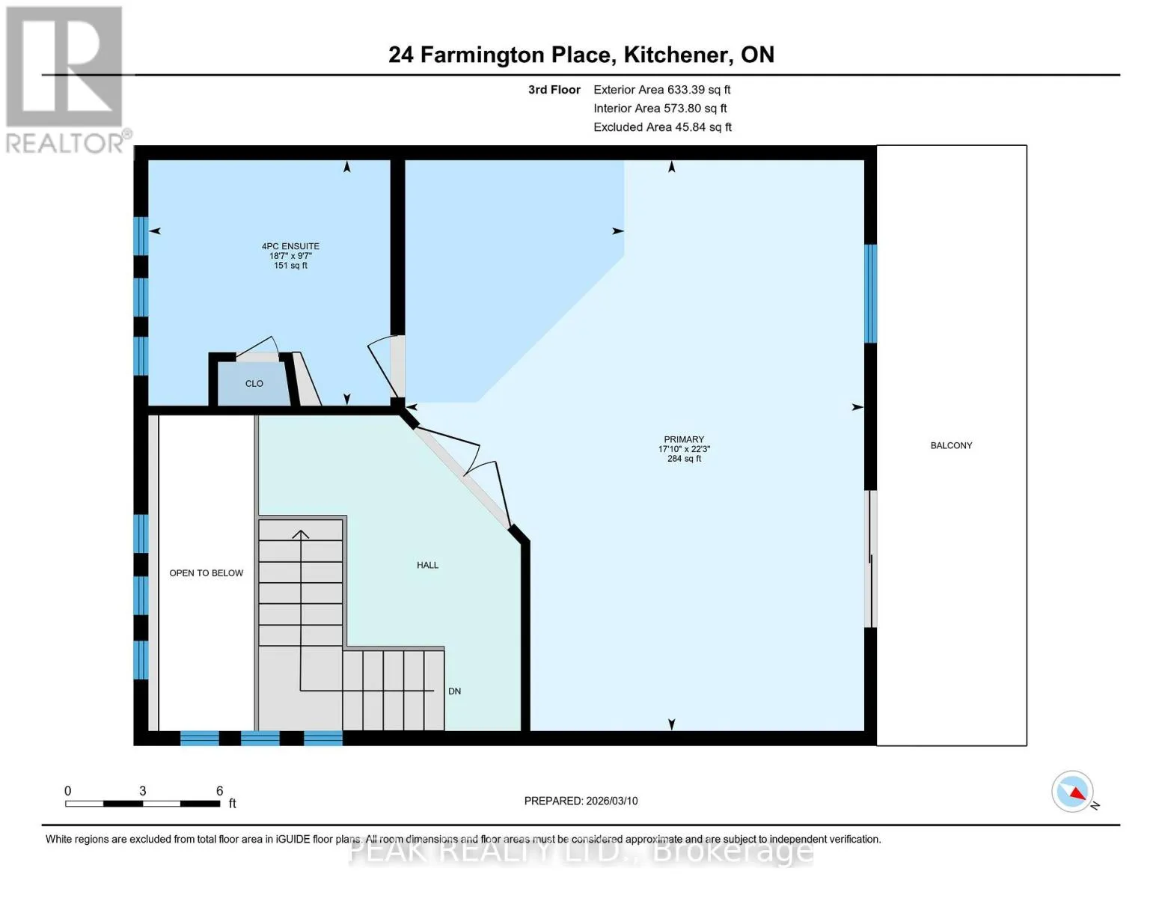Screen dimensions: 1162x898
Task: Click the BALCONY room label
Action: pyautogui.click(x=951, y=445)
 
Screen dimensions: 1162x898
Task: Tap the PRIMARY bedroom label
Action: pyautogui.click(x=684, y=439)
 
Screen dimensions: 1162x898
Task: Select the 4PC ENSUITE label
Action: pyautogui.click(x=290, y=246)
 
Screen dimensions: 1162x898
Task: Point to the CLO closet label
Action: pyautogui.click(x=254, y=383)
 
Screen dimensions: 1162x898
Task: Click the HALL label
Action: pyautogui.click(x=427, y=565)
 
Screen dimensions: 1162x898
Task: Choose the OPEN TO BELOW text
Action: pyautogui.click(x=206, y=572)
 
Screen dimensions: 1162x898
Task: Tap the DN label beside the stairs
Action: pyautogui.click(x=454, y=691)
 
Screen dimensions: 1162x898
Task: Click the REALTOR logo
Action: pyautogui.click(x=66, y=80)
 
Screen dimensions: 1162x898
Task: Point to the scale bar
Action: pyautogui.click(x=143, y=803)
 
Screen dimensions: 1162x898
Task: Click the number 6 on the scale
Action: pyautogui.click(x=219, y=790)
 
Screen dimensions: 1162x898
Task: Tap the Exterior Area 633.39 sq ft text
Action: pyautogui.click(x=661, y=90)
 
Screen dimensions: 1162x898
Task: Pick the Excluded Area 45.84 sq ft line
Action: pyautogui.click(x=662, y=127)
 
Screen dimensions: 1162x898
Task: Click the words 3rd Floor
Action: pyautogui.click(x=554, y=90)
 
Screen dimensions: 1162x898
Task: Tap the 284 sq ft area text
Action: pyautogui.click(x=684, y=459)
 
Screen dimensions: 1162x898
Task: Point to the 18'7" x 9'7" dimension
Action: pyautogui.click(x=290, y=256)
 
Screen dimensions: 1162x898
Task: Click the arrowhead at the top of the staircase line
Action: pyautogui.click(x=301, y=534)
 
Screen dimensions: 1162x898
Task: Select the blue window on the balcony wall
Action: pyautogui.click(x=870, y=293)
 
